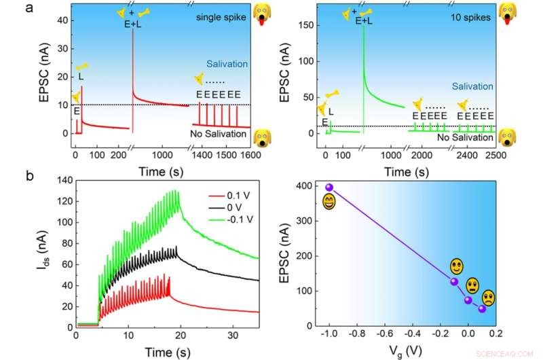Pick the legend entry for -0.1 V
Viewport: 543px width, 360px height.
click(x=225, y=217)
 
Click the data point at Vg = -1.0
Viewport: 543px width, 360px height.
click(x=329, y=187)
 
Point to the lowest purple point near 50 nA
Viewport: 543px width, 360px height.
click(x=482, y=308)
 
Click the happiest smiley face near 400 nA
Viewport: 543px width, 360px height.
click(x=329, y=202)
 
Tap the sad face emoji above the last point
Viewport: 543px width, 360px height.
click(x=488, y=297)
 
